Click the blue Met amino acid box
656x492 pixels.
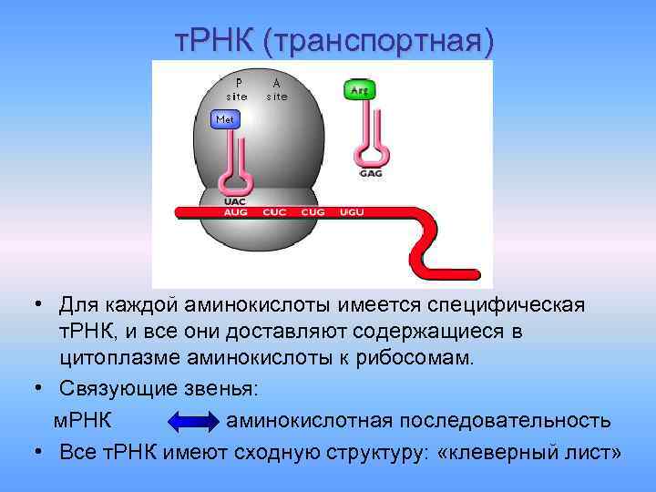[225, 119]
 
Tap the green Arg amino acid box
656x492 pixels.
[359, 90]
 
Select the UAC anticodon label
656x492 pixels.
[235, 200]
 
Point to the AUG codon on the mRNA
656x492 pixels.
[235, 211]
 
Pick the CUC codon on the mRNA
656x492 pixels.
[274, 211]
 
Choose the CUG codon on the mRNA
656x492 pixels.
[313, 211]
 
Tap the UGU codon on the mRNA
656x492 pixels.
[352, 211]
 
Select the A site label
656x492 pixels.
[277, 88]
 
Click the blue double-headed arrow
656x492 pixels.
[190, 421]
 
